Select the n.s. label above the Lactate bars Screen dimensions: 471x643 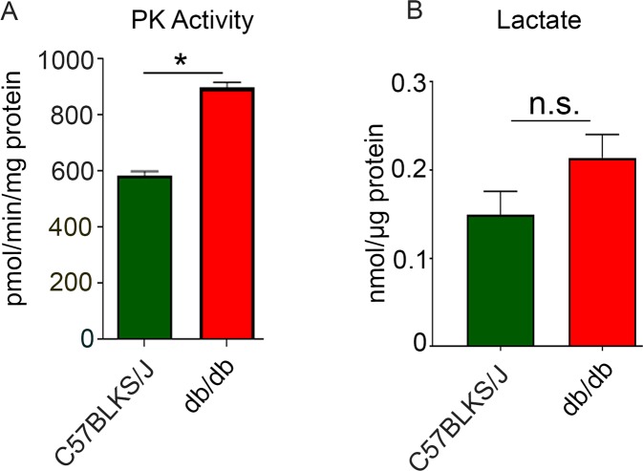(548, 102)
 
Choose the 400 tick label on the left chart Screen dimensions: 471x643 (76, 227)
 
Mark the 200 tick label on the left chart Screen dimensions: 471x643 (76, 284)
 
